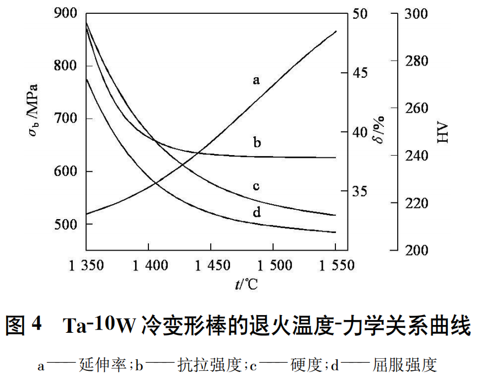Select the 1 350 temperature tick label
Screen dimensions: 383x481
(x=86, y=265)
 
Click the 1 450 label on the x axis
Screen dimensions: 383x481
(x=212, y=265)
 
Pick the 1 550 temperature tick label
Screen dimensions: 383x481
(x=336, y=265)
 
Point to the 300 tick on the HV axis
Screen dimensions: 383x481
(x=416, y=13)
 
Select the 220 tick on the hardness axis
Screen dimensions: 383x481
(x=416, y=203)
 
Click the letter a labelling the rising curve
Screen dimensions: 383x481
(x=256, y=81)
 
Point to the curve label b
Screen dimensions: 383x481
(x=256, y=143)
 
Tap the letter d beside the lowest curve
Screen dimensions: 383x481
(x=256, y=212)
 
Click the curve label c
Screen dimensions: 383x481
(x=256, y=186)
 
